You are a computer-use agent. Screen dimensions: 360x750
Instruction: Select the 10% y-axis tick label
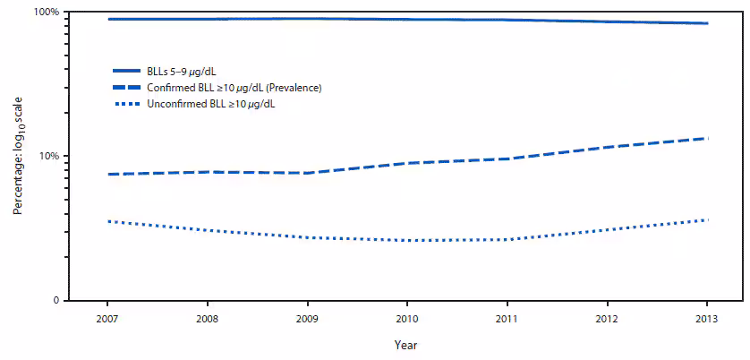(49, 156)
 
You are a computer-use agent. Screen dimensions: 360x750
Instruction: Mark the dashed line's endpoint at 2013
(707, 138)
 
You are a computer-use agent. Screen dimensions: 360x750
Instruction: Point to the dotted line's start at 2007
(107, 221)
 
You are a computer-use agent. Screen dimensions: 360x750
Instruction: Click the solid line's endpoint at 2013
(707, 23)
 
